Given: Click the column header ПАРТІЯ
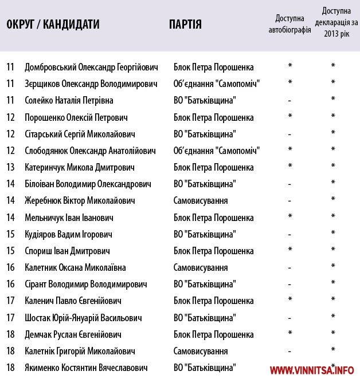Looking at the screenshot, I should [x=185, y=24].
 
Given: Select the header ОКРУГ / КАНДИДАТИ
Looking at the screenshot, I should [x=53, y=24].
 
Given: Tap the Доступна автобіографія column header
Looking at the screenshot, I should [x=289, y=24].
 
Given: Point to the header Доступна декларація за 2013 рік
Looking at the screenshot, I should [x=332, y=23].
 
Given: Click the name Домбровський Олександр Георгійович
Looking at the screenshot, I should [x=91, y=67].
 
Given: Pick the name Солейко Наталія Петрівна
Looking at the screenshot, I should [x=69, y=100].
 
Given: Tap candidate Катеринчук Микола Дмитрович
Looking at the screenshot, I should [x=79, y=168].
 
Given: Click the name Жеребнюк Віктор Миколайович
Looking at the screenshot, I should [x=80, y=201].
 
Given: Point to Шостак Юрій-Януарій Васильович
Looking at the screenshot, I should [x=83, y=318].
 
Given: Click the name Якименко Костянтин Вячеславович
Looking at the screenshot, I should [x=86, y=368].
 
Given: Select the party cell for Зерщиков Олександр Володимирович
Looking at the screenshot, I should [x=217, y=84].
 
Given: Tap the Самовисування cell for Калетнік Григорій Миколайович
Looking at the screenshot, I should [x=201, y=351].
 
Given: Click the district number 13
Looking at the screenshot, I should [x=10, y=168].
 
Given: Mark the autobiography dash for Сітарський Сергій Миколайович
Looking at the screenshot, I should [x=290, y=135].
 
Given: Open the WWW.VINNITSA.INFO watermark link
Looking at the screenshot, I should [x=312, y=369].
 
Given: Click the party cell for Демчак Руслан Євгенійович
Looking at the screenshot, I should [x=213, y=334].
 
